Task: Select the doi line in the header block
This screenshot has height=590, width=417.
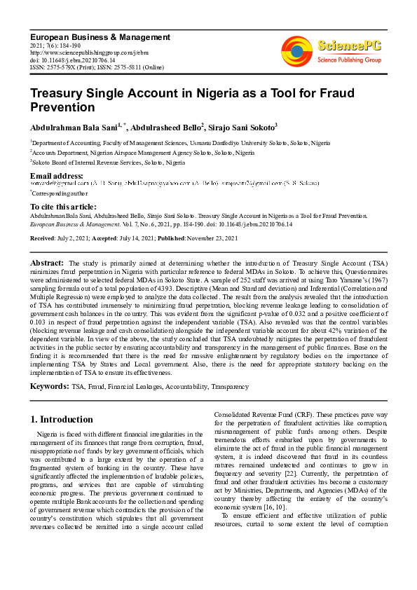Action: (x=72, y=60)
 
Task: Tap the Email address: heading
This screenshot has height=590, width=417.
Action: (x=56, y=175)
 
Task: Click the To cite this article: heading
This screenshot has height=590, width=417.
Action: (x=63, y=207)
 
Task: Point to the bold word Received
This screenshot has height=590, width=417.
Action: (x=43, y=238)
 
